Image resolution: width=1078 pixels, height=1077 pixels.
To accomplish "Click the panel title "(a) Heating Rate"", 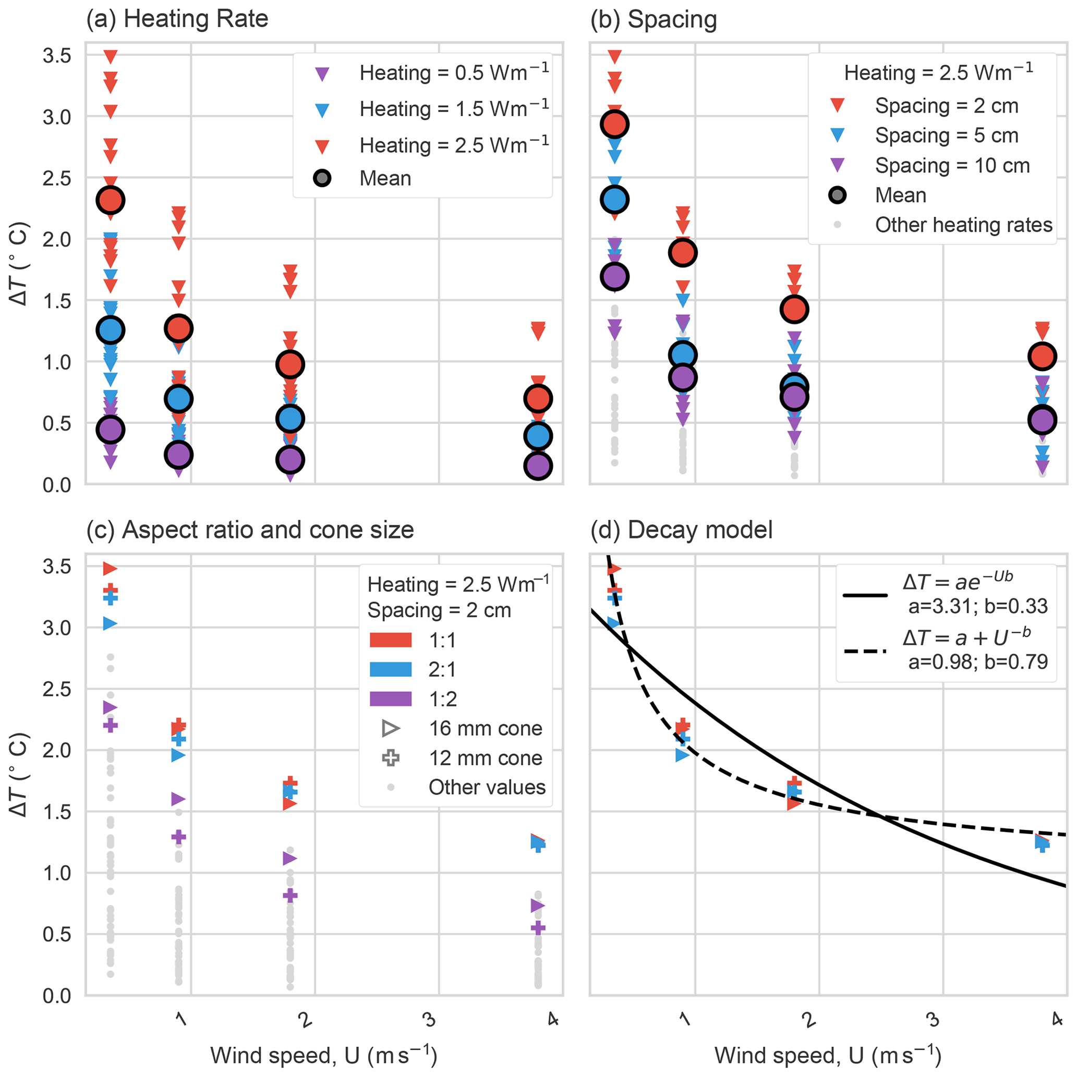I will pyautogui.click(x=177, y=19).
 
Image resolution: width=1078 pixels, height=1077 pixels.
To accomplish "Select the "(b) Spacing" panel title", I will pyautogui.click(x=653, y=19).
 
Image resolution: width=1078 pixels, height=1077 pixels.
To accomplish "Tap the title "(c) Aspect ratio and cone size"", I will pyautogui.click(x=250, y=530).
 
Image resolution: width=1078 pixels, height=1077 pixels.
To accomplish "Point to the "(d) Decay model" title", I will pyautogui.click(x=681, y=530).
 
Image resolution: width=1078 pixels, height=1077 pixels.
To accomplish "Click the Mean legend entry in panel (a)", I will pyautogui.click(x=385, y=178).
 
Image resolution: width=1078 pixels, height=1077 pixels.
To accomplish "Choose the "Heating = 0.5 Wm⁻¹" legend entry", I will pyautogui.click(x=454, y=73).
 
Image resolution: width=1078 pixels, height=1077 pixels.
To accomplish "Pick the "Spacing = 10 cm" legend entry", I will pyautogui.click(x=952, y=166).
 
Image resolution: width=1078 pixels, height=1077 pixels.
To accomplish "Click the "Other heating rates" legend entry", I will pyautogui.click(x=963, y=225).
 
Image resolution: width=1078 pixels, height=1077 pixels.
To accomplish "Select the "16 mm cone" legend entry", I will pyautogui.click(x=485, y=728).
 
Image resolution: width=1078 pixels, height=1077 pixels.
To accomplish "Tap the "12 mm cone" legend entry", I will pyautogui.click(x=485, y=758).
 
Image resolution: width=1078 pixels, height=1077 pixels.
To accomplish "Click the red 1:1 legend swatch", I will pyautogui.click(x=391, y=640).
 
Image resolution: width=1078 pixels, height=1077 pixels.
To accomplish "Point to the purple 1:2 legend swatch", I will pyautogui.click(x=391, y=699).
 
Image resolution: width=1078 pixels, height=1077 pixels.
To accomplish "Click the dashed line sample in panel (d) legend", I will pyautogui.click(x=865, y=652).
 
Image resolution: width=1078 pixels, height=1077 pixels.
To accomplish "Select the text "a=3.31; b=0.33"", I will pyautogui.click(x=977, y=606).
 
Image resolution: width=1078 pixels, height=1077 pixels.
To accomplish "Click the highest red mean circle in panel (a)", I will pyautogui.click(x=111, y=200).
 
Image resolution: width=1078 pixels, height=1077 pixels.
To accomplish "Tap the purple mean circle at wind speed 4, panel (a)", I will pyautogui.click(x=538, y=466).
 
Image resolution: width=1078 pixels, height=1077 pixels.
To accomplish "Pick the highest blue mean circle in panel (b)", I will pyautogui.click(x=615, y=200).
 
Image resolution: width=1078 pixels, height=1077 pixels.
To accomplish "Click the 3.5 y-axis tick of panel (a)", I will pyautogui.click(x=57, y=56).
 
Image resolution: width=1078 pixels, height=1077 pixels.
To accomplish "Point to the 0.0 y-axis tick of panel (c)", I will pyautogui.click(x=57, y=996).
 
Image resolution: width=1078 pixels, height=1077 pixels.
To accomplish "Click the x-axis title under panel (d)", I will pyautogui.click(x=828, y=1055).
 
